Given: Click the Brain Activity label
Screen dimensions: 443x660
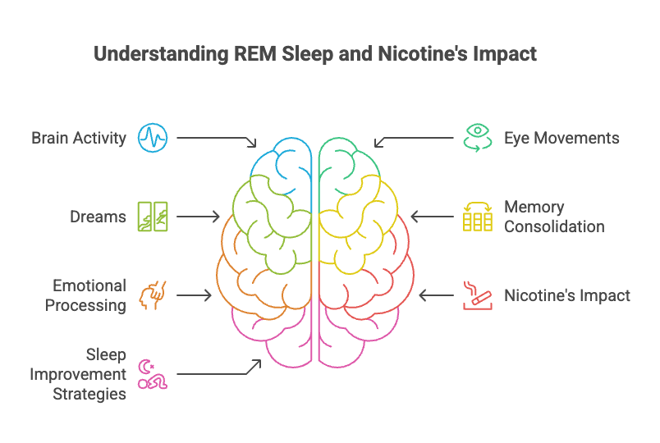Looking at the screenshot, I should [79, 138].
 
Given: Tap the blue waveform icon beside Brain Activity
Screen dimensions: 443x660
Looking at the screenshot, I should [152, 138].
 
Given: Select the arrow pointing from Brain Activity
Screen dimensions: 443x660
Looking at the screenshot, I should [215, 139].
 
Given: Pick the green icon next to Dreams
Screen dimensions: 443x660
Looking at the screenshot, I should [152, 217].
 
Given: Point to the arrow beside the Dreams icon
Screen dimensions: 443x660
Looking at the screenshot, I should [198, 217].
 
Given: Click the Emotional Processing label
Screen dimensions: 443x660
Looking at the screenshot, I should [89, 295].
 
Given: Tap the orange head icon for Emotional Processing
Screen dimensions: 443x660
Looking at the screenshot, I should [152, 295].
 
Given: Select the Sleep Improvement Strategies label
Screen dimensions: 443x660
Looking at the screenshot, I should [79, 374].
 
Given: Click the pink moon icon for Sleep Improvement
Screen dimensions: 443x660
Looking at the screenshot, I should [152, 374].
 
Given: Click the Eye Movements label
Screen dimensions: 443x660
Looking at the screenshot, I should [561, 138].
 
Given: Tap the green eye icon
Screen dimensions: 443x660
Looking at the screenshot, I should [475, 138].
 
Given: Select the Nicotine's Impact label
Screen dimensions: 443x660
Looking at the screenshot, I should [567, 295].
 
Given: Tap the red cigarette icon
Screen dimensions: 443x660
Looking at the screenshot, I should [475, 295].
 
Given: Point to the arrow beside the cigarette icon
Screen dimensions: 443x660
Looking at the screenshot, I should [434, 295].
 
